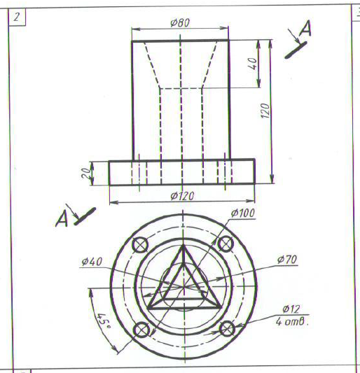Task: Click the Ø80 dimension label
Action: click(180, 23)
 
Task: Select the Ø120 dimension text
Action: click(182, 196)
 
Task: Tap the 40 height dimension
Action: click(253, 64)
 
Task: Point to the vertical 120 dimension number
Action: click(265, 111)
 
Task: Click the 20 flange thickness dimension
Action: click(86, 173)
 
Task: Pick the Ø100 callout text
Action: click(243, 213)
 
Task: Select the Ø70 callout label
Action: click(287, 260)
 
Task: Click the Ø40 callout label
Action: click(92, 262)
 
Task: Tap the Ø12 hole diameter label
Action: click(291, 309)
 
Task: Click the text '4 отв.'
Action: click(292, 322)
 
